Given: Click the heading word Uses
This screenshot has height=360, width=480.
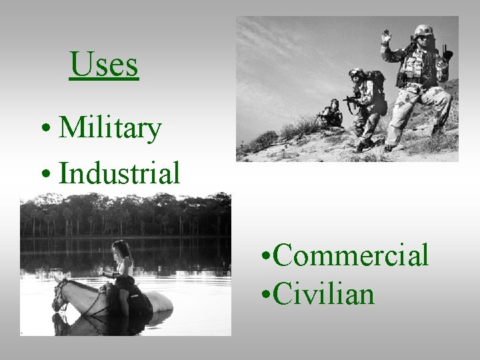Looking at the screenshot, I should point(104,65).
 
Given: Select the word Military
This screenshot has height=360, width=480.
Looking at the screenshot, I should point(110,127).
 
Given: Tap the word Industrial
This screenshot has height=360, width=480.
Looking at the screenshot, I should point(119,173).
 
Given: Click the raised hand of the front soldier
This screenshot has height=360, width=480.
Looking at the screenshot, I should point(385,36).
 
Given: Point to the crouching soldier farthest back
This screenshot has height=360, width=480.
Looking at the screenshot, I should point(331,114).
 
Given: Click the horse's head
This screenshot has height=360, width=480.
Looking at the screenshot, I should point(61,295).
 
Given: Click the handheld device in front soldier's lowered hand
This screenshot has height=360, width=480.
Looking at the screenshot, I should point(445,53).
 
